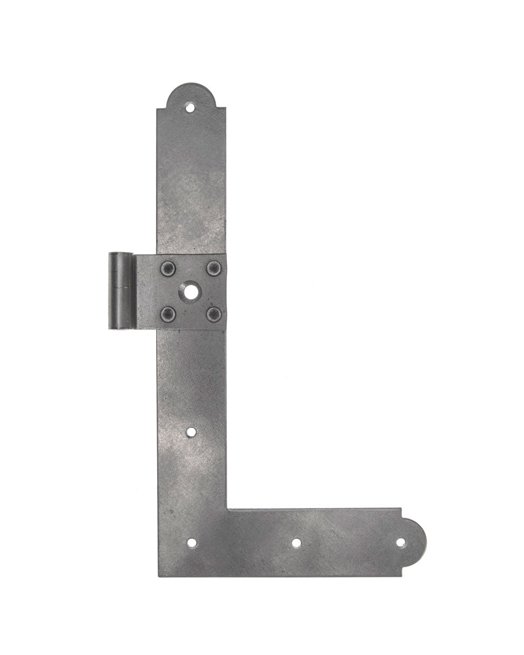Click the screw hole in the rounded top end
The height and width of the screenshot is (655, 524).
(x=190, y=107)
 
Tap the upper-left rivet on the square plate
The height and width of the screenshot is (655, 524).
(x=168, y=268)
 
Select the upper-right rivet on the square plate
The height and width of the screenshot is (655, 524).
(x=214, y=268)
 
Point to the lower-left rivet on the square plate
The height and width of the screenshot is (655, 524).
(x=168, y=313)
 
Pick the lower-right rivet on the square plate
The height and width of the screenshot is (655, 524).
(x=214, y=313)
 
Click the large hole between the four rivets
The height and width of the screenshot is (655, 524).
(x=191, y=291)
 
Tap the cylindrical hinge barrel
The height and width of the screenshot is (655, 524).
(x=121, y=290)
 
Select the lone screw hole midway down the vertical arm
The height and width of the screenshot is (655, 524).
(x=191, y=431)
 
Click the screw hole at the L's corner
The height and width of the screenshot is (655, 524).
(x=191, y=542)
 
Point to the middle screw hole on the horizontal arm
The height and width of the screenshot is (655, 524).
(x=296, y=542)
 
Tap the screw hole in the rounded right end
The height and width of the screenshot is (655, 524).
(x=401, y=542)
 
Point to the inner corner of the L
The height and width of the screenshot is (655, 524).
(x=227, y=508)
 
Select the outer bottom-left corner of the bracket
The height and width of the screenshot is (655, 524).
(x=159, y=576)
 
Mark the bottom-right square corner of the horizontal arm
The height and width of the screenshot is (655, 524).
(x=401, y=576)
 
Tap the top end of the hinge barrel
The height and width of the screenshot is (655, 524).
(x=121, y=253)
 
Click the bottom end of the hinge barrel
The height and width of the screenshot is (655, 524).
(x=121, y=328)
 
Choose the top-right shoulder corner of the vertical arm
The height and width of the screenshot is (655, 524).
(x=225, y=109)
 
